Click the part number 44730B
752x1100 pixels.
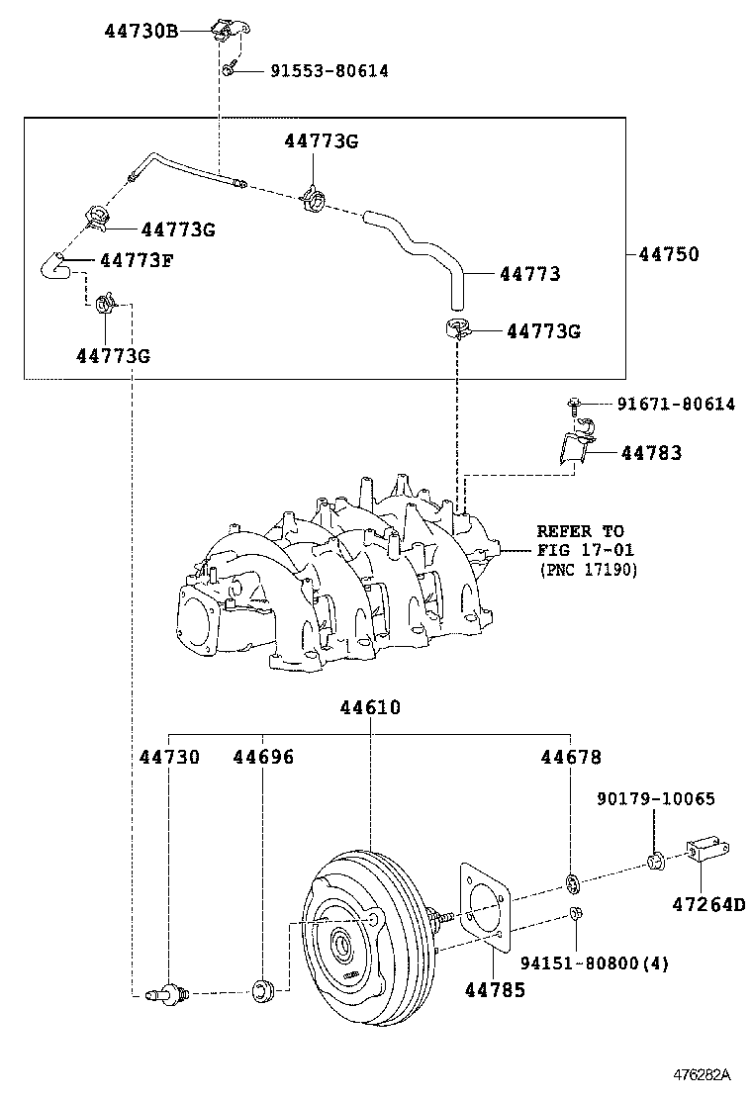141,31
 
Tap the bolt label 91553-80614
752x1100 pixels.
329,71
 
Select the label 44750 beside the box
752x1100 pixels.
669,254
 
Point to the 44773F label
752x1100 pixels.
137,260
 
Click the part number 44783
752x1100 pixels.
651,452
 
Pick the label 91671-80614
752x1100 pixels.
676,404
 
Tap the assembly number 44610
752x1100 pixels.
370,707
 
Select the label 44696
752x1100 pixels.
263,757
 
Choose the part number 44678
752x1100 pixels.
571,757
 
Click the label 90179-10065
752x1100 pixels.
656,798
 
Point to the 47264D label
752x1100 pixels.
708,904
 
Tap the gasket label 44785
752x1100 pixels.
495,990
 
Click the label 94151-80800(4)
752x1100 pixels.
595,963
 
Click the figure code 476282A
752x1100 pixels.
703,1074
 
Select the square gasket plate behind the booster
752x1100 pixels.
484,907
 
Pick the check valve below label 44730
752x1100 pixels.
167,992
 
